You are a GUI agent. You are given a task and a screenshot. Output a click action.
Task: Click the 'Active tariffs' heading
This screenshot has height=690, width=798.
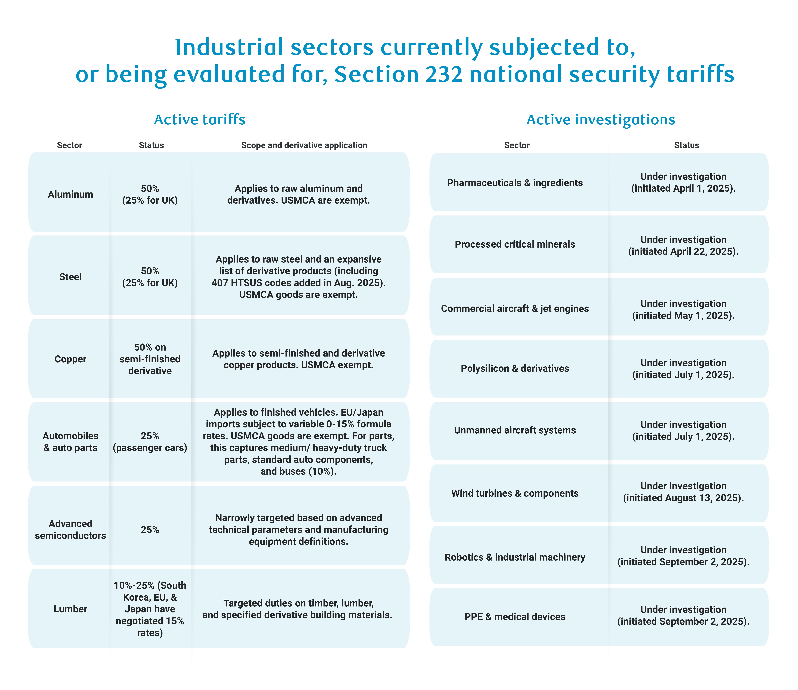click(x=200, y=120)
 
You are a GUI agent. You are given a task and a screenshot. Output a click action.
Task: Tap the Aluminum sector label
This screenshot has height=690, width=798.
click(x=71, y=194)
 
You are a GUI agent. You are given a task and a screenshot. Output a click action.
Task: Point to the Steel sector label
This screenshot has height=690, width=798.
click(x=71, y=277)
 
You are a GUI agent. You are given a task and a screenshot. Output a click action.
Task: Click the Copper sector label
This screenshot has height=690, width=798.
click(x=71, y=359)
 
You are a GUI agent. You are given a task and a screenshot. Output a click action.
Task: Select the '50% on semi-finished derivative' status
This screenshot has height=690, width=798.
click(x=150, y=359)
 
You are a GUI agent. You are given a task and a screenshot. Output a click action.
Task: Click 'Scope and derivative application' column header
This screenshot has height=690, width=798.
click(x=304, y=145)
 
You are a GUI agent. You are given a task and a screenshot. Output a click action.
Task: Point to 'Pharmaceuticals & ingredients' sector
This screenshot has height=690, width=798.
click(x=515, y=183)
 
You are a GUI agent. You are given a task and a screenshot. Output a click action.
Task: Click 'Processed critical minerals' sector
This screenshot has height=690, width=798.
click(x=515, y=245)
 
